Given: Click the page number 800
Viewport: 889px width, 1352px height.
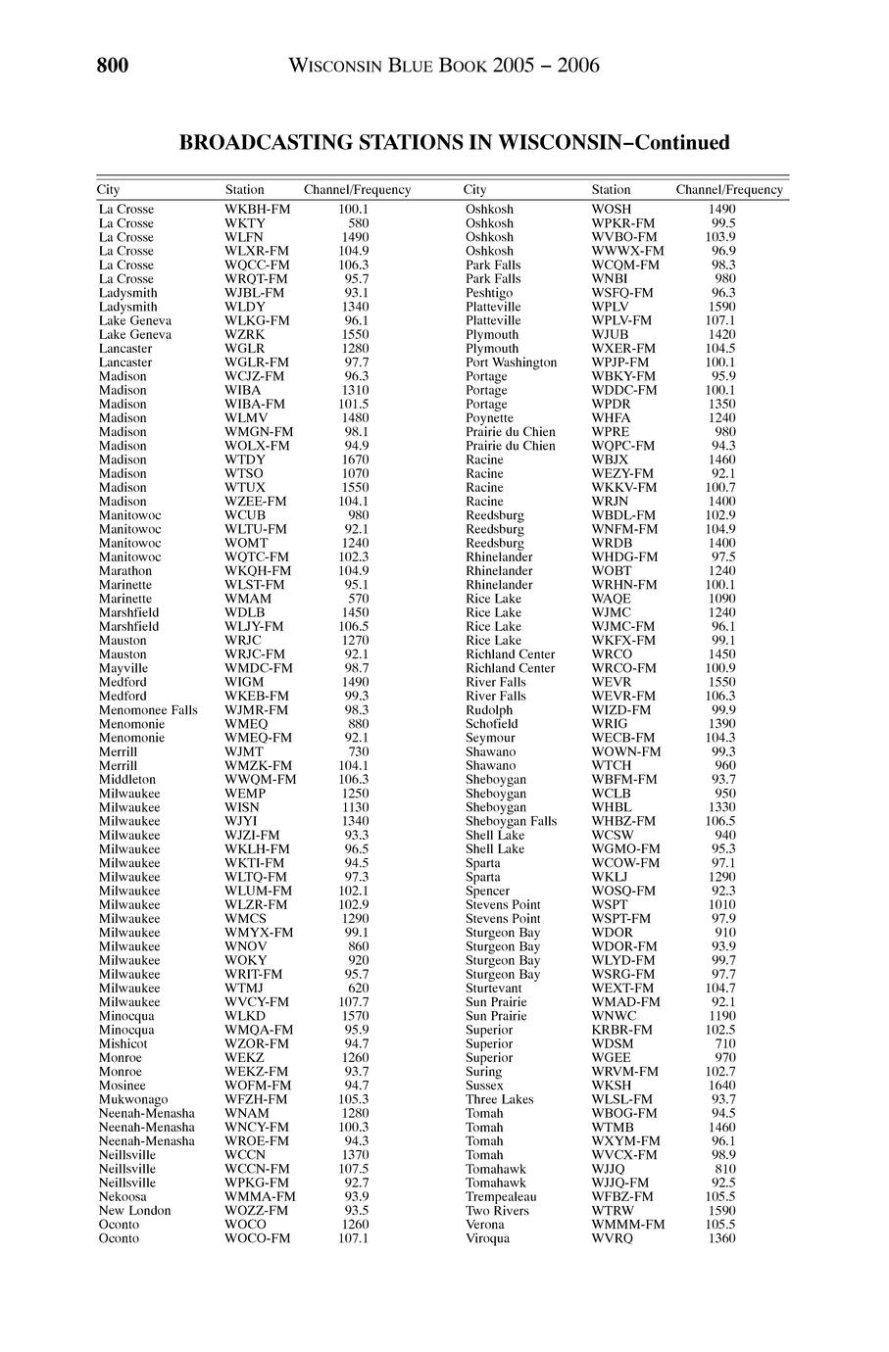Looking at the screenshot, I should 113,66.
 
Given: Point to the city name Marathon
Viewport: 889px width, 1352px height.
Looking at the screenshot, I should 125,570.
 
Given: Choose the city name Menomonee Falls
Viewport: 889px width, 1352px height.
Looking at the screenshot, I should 148,709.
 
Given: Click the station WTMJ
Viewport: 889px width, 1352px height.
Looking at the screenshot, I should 244,988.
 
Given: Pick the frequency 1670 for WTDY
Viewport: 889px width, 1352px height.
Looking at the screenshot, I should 355,459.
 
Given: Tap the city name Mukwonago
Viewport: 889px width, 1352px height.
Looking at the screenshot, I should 133,1099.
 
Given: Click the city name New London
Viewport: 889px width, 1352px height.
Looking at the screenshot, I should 134,1210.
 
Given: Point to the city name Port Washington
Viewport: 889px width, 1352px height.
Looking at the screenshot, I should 511,362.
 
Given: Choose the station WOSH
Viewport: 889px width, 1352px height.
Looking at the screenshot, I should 612,210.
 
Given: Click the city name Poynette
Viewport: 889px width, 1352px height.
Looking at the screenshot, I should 489,417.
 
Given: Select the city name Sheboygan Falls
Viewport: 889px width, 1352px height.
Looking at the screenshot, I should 511,821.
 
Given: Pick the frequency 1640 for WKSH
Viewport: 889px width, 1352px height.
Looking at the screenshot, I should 720,1086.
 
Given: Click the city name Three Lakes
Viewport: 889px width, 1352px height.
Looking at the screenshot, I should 499,1099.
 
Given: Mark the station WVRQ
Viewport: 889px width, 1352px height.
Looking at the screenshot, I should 613,1238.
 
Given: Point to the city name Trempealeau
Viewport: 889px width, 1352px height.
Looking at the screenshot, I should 501,1196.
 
